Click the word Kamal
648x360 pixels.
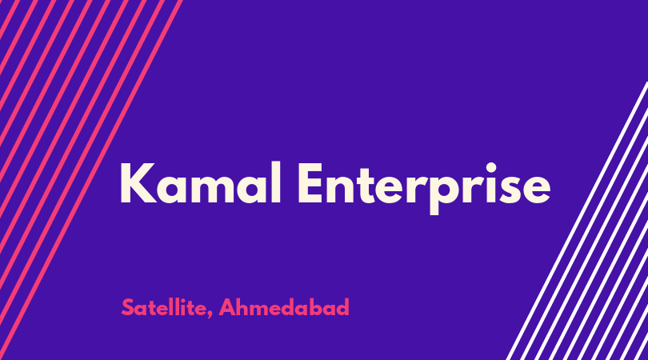tap(201, 183)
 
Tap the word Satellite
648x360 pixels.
tap(164, 307)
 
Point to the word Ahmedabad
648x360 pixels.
tap(284, 307)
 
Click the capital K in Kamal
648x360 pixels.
tap(138, 183)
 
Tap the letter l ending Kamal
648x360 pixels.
tap(278, 182)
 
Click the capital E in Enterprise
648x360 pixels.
tap(310, 183)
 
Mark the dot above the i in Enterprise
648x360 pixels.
tap(491, 167)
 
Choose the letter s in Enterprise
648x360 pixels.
tap(510, 190)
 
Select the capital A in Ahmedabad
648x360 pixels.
tap(227, 307)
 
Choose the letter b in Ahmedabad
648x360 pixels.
tap(318, 306)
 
